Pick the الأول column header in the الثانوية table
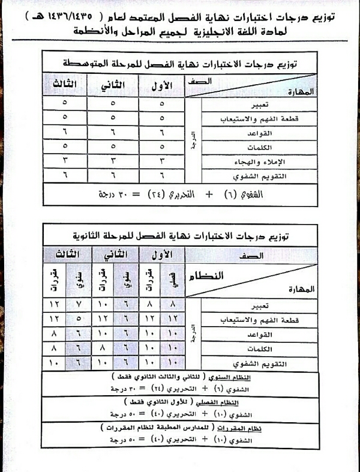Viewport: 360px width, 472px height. (160, 254)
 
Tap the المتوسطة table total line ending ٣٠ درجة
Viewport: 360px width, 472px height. (180, 195)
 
